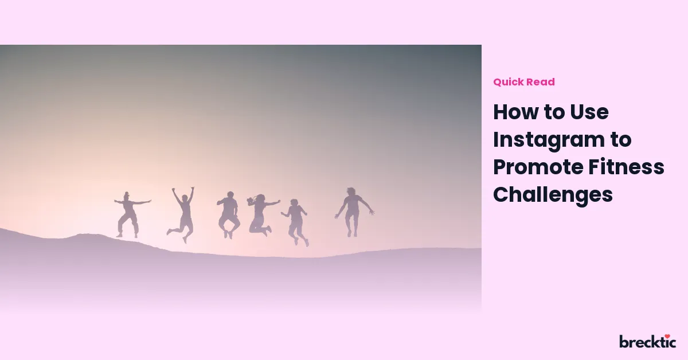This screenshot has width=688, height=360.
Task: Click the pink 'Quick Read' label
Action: [524, 82]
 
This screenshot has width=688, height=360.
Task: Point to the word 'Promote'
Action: [538, 167]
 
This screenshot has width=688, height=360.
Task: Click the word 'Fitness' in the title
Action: [626, 167]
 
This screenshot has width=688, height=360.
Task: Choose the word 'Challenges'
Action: [553, 195]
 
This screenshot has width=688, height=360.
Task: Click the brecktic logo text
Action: [647, 342]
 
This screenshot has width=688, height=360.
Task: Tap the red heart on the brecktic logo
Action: [667, 336]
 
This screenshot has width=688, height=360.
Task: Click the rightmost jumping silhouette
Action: [353, 212]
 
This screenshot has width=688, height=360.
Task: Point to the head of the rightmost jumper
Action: [351, 191]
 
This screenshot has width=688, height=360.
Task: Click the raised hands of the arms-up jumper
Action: [183, 189]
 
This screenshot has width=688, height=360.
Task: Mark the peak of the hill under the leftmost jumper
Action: [83, 234]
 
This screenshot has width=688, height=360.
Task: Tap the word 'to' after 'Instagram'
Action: [621, 140]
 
